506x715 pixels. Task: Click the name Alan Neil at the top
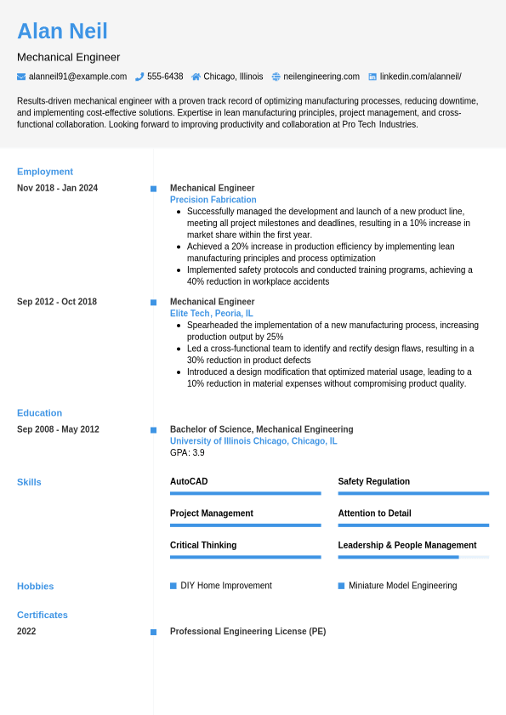(x=62, y=31)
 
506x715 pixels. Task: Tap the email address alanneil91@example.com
(x=77, y=77)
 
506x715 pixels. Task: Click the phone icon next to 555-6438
(x=139, y=77)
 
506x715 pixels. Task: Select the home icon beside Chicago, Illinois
(x=196, y=77)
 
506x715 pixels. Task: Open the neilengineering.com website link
(x=321, y=77)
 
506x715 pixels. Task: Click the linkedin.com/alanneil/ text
(x=420, y=77)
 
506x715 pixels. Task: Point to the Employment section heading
(x=45, y=172)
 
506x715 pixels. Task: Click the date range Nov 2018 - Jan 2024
(x=57, y=188)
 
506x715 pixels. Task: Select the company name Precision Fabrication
(x=213, y=200)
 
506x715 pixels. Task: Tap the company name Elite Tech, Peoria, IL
(x=211, y=314)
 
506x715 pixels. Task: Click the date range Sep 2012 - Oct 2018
(x=57, y=302)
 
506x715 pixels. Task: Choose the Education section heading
(x=39, y=413)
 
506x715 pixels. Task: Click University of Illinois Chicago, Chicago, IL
(x=253, y=441)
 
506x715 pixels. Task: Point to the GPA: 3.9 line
(x=187, y=453)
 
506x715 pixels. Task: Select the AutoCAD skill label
(x=189, y=481)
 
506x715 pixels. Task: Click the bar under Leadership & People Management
(x=413, y=557)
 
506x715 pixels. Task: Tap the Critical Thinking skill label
(x=203, y=545)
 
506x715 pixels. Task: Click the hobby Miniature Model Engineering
(x=402, y=586)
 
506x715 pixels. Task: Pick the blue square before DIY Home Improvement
(x=173, y=586)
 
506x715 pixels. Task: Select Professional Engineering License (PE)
(x=247, y=632)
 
